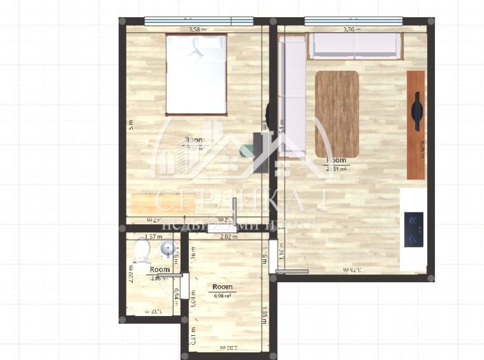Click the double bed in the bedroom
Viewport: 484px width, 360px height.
(x=197, y=75)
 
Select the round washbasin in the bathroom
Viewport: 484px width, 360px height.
(x=166, y=249)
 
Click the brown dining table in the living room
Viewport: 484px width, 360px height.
(x=337, y=105)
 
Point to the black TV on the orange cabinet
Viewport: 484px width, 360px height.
(x=417, y=111)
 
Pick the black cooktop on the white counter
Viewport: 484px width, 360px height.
(x=414, y=229)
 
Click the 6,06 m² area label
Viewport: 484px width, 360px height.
(x=222, y=296)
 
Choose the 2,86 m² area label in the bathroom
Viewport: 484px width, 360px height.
(x=159, y=278)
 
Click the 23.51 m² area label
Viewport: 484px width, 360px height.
(x=336, y=169)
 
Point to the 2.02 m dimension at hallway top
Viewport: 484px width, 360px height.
(x=229, y=237)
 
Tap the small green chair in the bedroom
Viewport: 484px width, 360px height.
(x=246, y=151)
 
